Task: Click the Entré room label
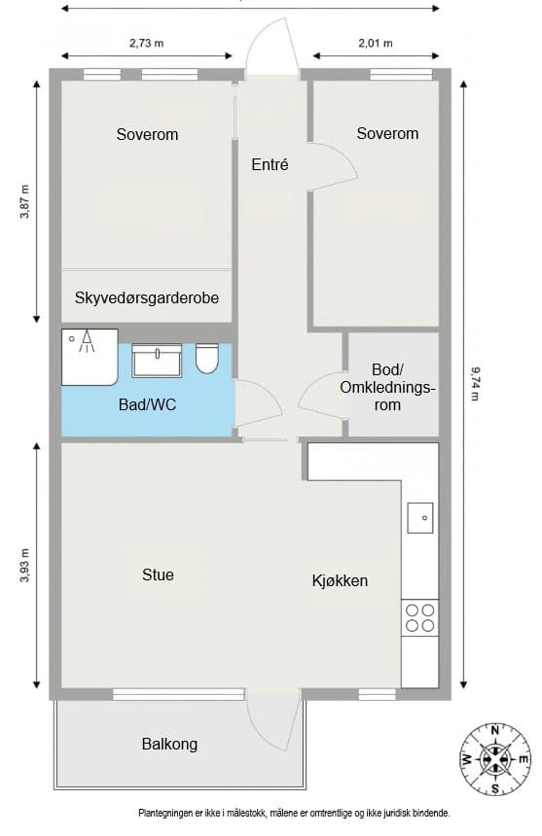[270, 164]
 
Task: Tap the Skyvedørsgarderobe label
[147, 297]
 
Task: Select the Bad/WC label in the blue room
[147, 404]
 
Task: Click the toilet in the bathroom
[207, 359]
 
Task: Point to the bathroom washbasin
[157, 361]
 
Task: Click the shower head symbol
[87, 341]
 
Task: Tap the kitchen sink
[420, 518]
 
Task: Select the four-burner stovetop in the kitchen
[419, 617]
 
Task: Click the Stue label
[158, 575]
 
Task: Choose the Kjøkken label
[340, 580]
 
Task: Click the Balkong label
[169, 745]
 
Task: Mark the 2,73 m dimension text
[146, 43]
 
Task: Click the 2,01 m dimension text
[376, 43]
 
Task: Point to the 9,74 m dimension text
[474, 383]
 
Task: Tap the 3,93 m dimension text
[25, 565]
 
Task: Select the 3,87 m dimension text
[25, 201]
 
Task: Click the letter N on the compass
[495, 730]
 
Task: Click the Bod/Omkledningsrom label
[388, 387]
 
